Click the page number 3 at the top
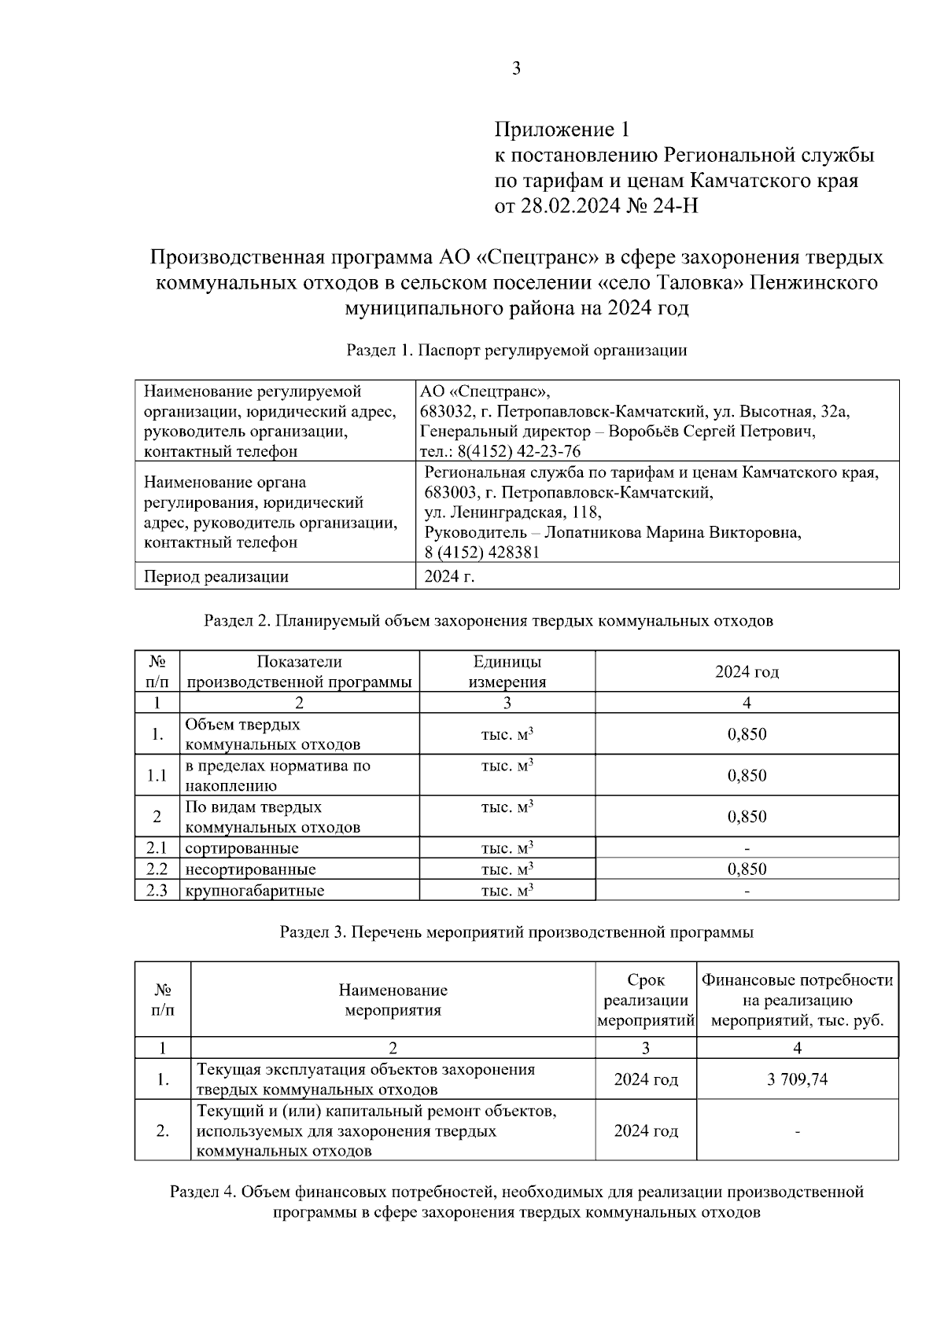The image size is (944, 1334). click(x=516, y=69)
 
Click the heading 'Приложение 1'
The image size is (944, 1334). click(x=562, y=129)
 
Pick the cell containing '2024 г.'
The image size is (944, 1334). click(x=450, y=576)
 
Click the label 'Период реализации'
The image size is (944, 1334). click(x=216, y=577)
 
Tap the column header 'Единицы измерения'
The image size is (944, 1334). click(x=507, y=671)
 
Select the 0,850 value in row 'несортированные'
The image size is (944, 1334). click(x=747, y=869)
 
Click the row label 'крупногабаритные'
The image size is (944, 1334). click(x=255, y=891)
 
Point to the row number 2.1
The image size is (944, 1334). click(x=157, y=848)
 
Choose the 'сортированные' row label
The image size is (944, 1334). click(x=242, y=848)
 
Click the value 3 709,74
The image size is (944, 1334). click(x=797, y=1079)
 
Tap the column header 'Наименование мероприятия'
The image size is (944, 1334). click(x=393, y=1000)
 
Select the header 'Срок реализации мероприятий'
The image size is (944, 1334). click(x=645, y=1001)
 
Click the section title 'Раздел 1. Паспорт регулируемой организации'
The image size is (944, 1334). click(x=517, y=351)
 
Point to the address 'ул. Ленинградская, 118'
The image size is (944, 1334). click(x=513, y=513)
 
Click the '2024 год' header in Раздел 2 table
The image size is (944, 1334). click(x=747, y=671)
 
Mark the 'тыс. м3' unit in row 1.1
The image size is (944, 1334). click(x=507, y=766)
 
